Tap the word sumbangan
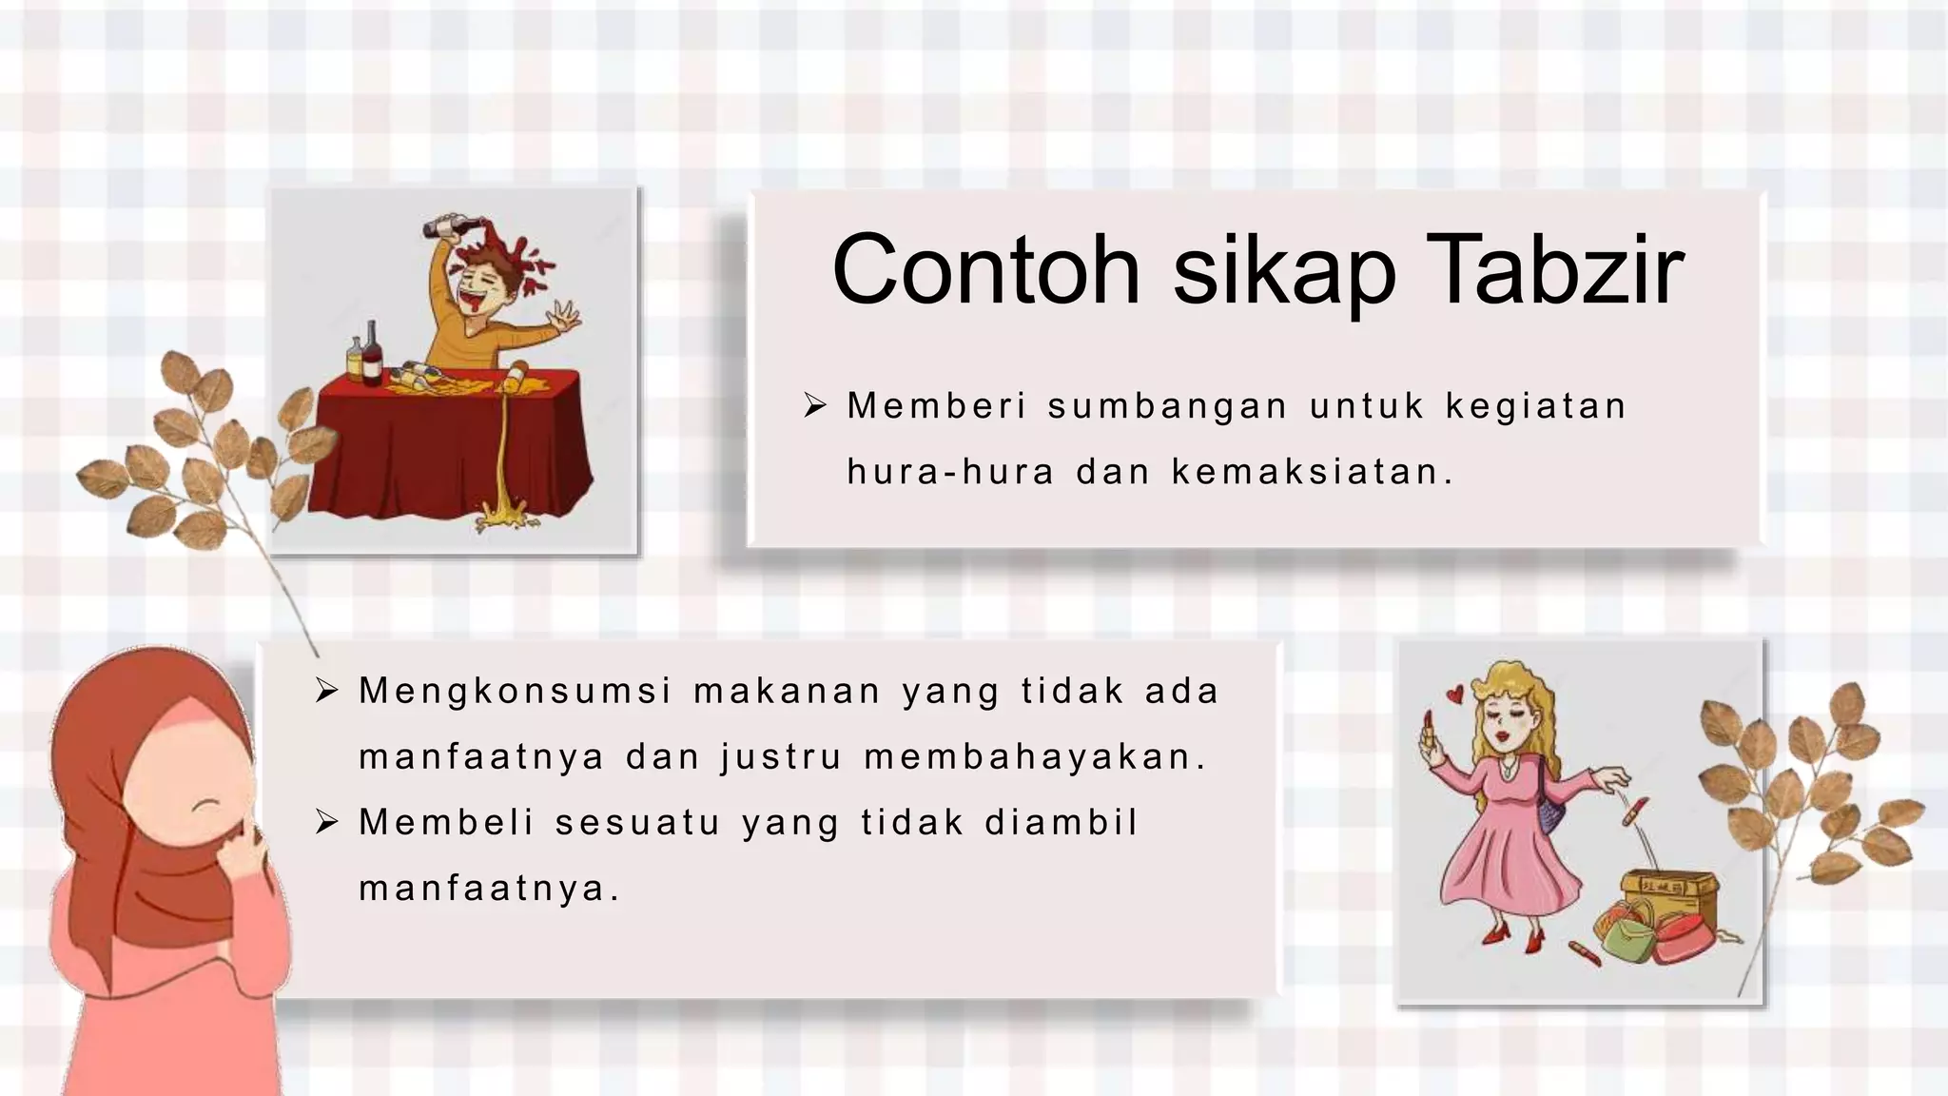tap(1167, 407)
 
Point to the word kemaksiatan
tap(1312, 472)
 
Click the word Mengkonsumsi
tap(516, 692)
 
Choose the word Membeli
tap(446, 823)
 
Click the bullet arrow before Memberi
tap(815, 406)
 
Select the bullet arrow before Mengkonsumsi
tap(327, 691)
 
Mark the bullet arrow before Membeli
tap(327, 822)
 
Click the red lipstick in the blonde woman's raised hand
tap(1428, 726)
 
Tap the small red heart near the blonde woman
tap(1453, 695)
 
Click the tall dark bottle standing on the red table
tap(371, 354)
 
